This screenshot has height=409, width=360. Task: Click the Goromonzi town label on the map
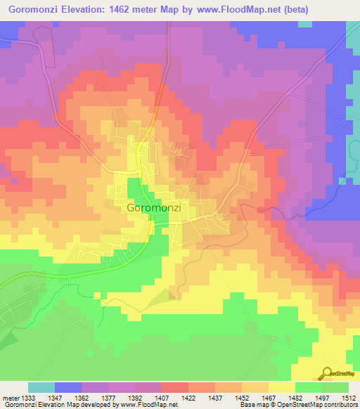pyautogui.click(x=155, y=209)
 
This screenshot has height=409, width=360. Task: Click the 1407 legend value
pyautogui.click(x=162, y=398)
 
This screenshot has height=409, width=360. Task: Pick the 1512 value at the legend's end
pyautogui.click(x=349, y=398)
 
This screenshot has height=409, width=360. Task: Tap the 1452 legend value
pyautogui.click(x=242, y=398)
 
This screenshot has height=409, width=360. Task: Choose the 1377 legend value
pyautogui.click(x=108, y=398)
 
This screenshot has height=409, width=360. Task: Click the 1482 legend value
pyautogui.click(x=295, y=398)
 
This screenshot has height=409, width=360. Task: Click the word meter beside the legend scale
pyautogui.click(x=9, y=398)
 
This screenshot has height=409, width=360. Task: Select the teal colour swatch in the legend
pyautogui.click(x=41, y=388)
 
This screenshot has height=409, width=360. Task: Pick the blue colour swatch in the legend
pyautogui.click(x=67, y=388)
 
